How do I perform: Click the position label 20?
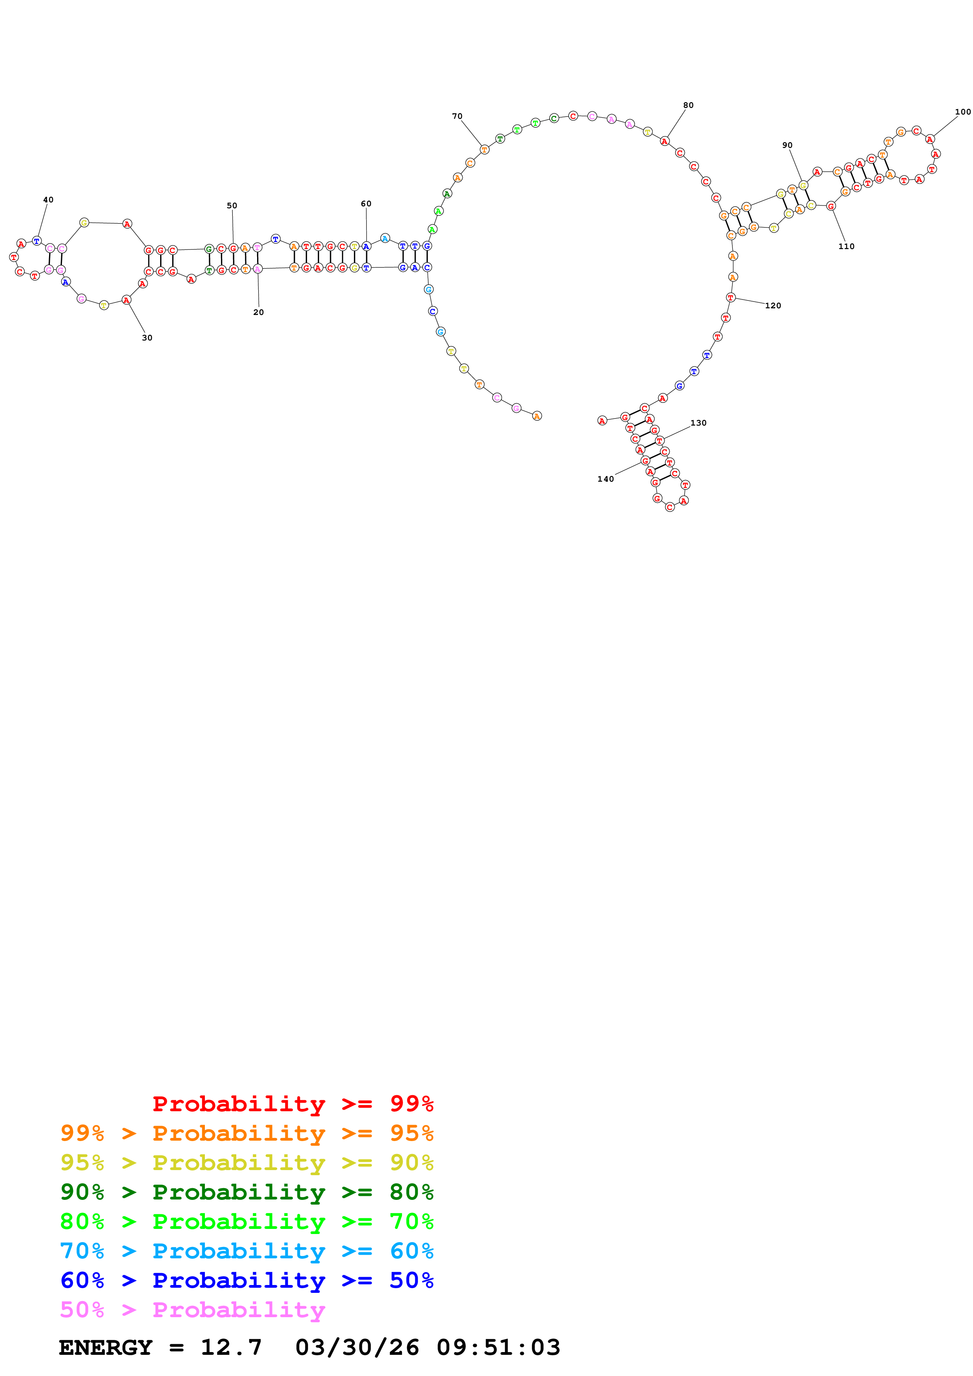pyautogui.click(x=258, y=312)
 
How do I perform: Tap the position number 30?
pyautogui.click(x=147, y=338)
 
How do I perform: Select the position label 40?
pyautogui.click(x=48, y=200)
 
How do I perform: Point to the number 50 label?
pyautogui.click(x=232, y=206)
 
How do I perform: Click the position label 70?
pyautogui.click(x=457, y=116)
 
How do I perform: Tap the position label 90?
pyautogui.click(x=787, y=145)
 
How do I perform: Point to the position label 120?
pyautogui.click(x=773, y=306)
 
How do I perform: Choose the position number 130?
pyautogui.click(x=698, y=423)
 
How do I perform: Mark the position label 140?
pyautogui.click(x=606, y=479)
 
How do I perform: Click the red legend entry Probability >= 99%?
pyautogui.click(x=292, y=1103)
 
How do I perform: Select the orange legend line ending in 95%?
pyautogui.click(x=246, y=1133)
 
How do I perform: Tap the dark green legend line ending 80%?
pyautogui.click(x=246, y=1192)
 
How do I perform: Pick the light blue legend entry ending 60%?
pyautogui.click(x=246, y=1251)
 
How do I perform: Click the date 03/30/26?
pyautogui.click(x=357, y=1347)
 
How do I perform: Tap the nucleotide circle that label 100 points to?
pyautogui.click(x=930, y=139)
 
